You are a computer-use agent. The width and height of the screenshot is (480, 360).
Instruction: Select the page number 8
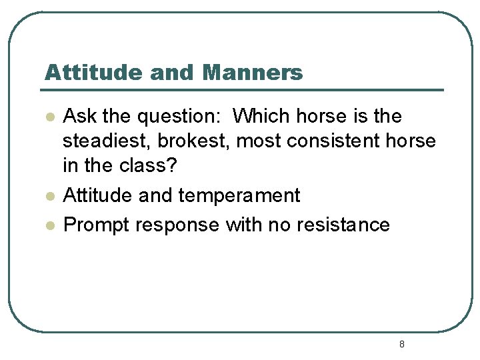[401, 344]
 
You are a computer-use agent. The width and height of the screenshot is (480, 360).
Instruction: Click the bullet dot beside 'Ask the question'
[49, 117]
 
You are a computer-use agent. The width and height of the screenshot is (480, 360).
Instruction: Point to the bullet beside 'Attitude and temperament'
[49, 196]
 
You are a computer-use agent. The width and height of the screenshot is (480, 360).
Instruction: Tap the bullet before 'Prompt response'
[49, 225]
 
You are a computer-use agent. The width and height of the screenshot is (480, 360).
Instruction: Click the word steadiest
[106, 142]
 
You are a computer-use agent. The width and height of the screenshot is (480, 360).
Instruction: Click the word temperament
[239, 196]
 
